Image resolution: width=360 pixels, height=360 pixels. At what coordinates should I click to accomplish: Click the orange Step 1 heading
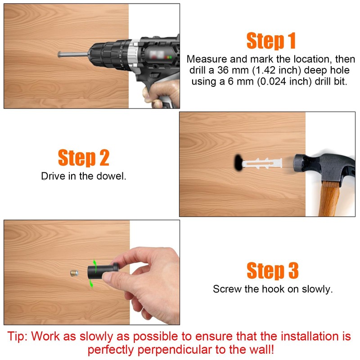(x=271, y=40)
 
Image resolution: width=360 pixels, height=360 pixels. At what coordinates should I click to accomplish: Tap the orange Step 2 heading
(x=84, y=157)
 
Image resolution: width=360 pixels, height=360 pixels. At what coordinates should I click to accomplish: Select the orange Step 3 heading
(x=273, y=270)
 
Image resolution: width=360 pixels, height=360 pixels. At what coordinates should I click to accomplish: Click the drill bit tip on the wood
(x=59, y=54)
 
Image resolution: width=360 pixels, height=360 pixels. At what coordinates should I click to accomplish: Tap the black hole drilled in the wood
(x=238, y=162)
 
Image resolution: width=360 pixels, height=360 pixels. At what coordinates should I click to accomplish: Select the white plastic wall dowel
(x=262, y=163)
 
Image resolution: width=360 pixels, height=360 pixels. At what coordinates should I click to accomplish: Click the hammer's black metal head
(x=324, y=167)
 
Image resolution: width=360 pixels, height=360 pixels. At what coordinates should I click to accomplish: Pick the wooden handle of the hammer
(x=329, y=199)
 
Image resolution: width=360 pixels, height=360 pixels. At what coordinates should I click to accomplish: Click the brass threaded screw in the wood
(x=74, y=273)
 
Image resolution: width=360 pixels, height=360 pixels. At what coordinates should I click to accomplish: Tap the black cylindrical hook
(x=103, y=271)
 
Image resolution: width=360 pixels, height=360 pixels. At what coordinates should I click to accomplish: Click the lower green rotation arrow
(x=91, y=283)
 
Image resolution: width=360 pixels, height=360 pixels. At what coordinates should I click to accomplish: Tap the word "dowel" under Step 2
(x=111, y=176)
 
